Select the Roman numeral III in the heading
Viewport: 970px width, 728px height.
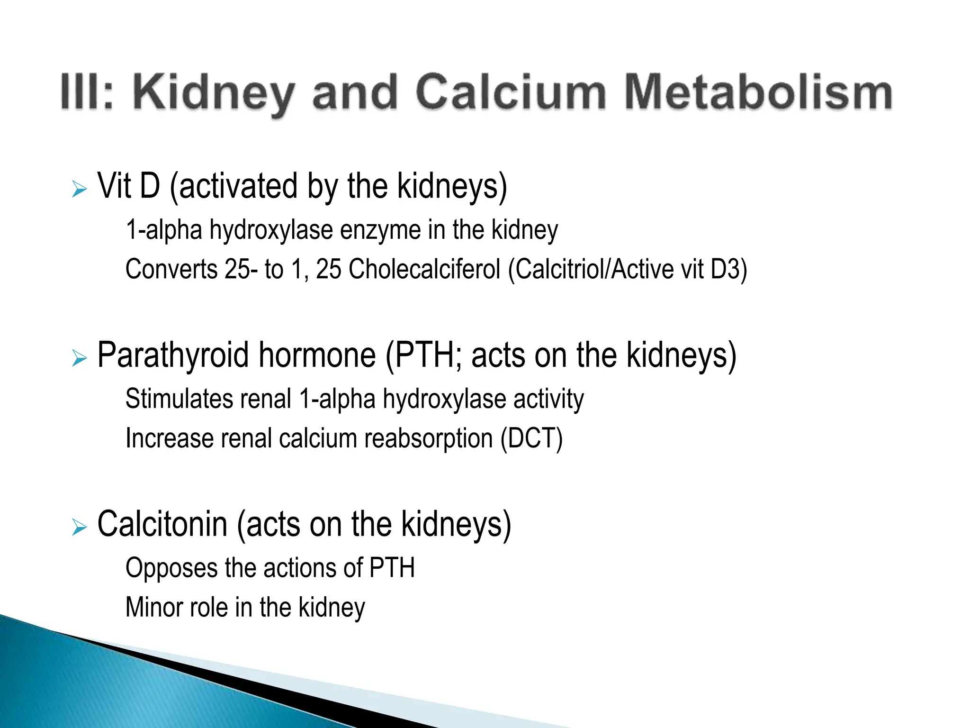pos(81,92)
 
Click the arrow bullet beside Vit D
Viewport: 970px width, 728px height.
pos(80,189)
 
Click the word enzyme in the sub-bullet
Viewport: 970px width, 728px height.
pos(380,230)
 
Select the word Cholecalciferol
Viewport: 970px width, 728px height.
pos(424,269)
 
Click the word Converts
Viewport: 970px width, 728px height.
pos(171,269)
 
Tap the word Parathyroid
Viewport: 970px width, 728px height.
pos(172,355)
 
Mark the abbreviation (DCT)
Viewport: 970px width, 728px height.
pos(531,438)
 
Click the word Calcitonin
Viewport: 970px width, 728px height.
pos(162,524)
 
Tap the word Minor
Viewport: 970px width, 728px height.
pos(153,607)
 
